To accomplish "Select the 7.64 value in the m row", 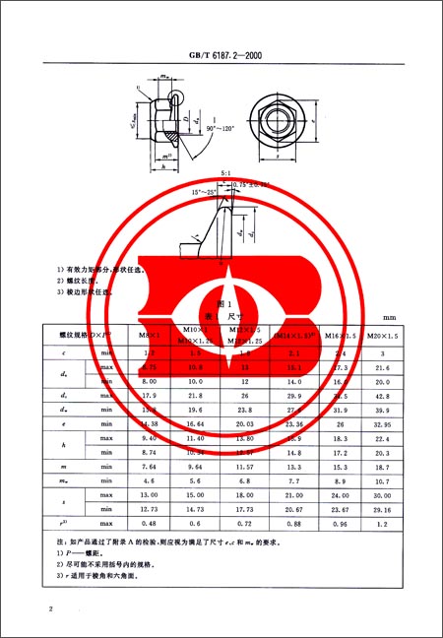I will point(150,463).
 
